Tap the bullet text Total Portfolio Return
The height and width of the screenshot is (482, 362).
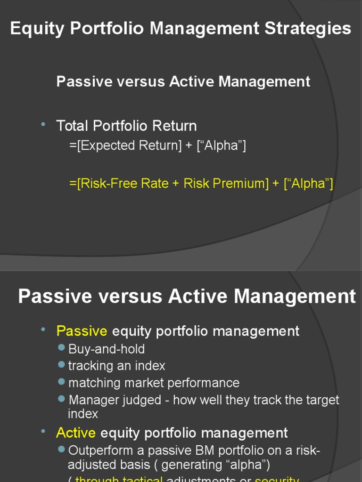coord(126,126)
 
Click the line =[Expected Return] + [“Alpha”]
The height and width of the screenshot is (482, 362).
coord(157,146)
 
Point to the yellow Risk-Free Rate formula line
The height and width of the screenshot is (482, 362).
coord(201,183)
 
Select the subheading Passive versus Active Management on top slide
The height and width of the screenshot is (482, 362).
coord(183,81)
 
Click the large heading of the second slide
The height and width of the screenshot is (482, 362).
coord(187,297)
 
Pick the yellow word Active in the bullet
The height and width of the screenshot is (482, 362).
coord(76,433)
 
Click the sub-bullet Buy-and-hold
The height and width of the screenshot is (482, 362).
coord(107,349)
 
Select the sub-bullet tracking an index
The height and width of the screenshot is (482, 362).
coord(116,366)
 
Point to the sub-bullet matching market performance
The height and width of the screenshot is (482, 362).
coord(154,383)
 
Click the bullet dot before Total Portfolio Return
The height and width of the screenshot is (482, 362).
coord(43,124)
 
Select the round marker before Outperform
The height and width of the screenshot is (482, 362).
coord(61,449)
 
